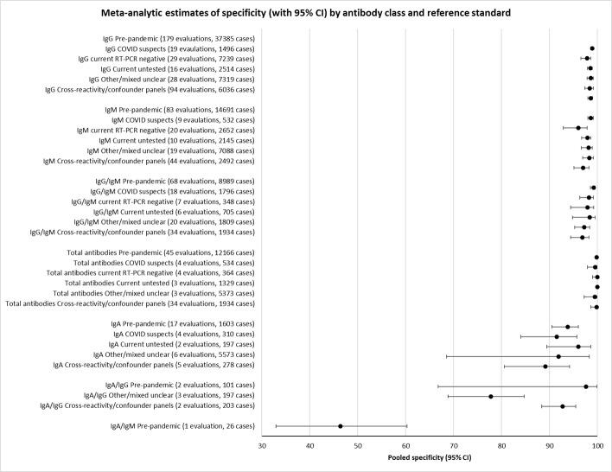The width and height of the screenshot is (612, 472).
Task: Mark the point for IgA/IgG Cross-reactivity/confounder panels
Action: pos(563,406)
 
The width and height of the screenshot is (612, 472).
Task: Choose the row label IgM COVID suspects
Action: pos(190,118)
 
